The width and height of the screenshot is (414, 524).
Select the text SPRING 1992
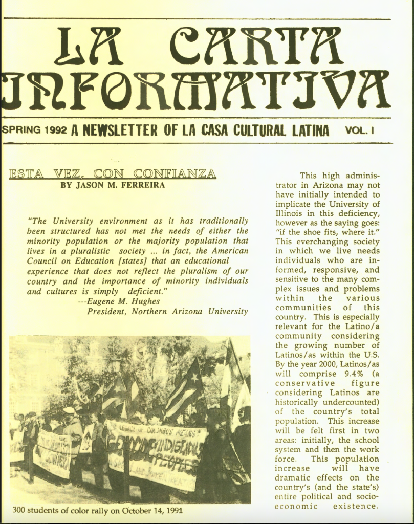(x=34, y=130)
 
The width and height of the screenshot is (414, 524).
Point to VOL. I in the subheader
(x=360, y=130)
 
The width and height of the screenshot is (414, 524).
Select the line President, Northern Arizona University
(x=167, y=311)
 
